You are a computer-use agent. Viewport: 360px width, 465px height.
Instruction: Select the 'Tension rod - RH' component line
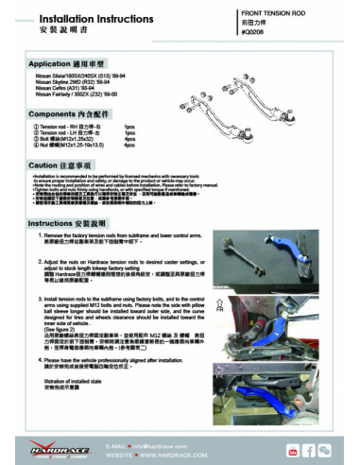65,125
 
